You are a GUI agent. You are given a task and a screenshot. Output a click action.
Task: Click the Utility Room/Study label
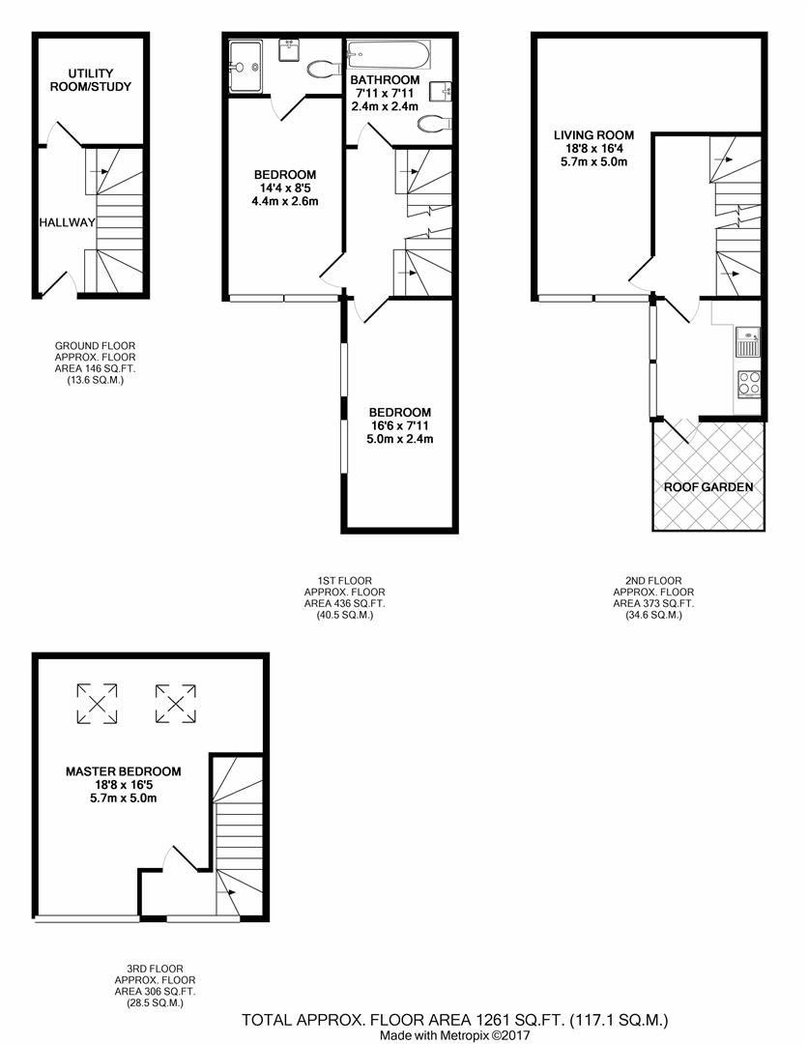(x=92, y=80)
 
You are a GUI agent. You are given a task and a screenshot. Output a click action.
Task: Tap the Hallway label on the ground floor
(x=67, y=222)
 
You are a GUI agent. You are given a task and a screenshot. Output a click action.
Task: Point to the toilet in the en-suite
(x=320, y=68)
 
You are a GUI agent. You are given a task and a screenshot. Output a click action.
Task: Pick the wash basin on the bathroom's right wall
(x=447, y=92)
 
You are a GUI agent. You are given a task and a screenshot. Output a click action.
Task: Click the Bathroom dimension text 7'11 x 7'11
(x=385, y=93)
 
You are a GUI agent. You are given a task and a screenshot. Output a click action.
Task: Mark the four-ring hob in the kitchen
(x=749, y=384)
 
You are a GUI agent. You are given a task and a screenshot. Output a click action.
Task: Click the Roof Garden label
(x=707, y=487)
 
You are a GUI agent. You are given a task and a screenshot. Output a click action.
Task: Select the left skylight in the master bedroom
(x=97, y=701)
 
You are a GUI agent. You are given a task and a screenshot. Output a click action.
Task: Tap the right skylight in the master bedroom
(x=175, y=701)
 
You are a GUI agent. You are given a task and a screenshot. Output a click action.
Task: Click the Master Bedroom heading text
(x=123, y=771)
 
